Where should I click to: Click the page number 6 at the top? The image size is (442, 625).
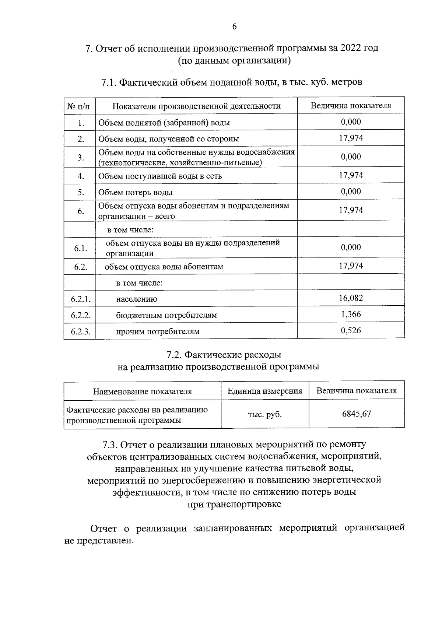(x=234, y=26)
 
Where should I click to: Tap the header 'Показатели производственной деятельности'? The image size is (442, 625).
(x=196, y=106)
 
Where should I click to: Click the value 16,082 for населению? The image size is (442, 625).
(x=351, y=298)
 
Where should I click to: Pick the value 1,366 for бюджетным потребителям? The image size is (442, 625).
(x=351, y=314)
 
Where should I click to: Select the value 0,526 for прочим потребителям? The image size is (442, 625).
(x=351, y=330)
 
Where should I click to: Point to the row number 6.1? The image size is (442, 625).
(x=81, y=248)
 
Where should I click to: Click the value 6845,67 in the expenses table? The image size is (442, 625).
(x=356, y=414)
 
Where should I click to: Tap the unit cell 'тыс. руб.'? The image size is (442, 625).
(x=265, y=414)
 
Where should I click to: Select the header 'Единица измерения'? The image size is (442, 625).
(x=265, y=391)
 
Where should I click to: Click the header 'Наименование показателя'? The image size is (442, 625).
(x=142, y=391)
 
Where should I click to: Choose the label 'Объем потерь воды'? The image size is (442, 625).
(x=135, y=192)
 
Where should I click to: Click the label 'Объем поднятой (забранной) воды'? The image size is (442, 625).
(x=164, y=123)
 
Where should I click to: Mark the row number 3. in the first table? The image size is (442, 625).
(x=81, y=158)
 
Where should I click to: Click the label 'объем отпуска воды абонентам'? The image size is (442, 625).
(x=164, y=267)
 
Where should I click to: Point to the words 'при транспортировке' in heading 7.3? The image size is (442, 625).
(x=234, y=504)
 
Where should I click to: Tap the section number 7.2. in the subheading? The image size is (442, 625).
(x=174, y=355)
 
